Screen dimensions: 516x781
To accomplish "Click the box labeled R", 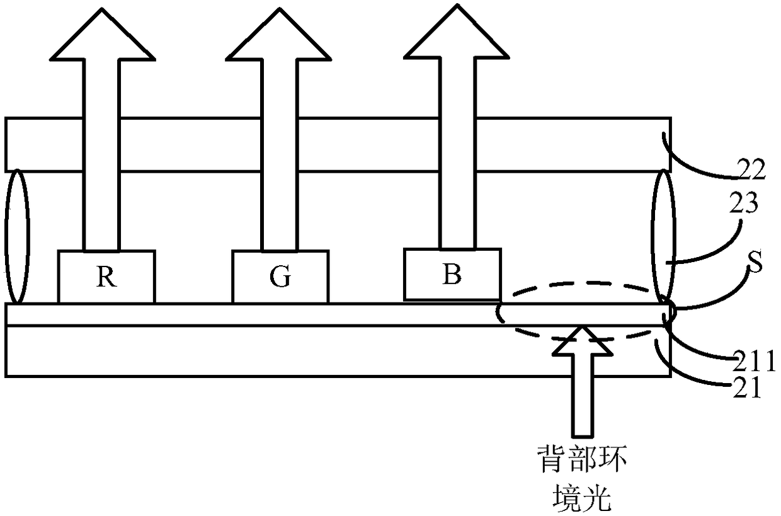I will tap(106, 277).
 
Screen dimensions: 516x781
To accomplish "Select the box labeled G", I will tap(280, 277).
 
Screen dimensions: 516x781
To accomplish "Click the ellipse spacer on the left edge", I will tap(17, 236).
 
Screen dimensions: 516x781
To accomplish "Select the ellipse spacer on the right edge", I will tap(664, 236).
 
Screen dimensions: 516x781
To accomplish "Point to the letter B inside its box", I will tap(452, 275).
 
